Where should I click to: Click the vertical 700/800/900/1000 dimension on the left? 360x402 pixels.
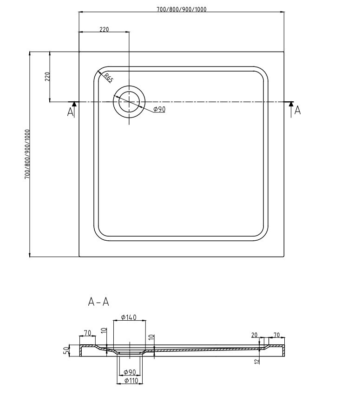click(27, 154)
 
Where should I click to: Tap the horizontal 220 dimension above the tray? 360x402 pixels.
click(104, 29)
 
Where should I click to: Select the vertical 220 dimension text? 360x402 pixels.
click(46, 77)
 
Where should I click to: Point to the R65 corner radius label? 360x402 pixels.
click(108, 78)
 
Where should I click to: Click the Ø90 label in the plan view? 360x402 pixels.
click(160, 109)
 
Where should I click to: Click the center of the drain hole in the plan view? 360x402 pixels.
click(129, 102)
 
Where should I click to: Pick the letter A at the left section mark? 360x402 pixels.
click(71, 112)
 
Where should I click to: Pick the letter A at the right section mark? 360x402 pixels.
click(298, 111)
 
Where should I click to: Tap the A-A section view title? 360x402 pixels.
click(98, 302)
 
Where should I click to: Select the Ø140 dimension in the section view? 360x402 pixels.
click(129, 317)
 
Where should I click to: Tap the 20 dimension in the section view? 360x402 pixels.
click(254, 335)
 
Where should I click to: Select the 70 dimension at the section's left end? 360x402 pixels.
click(87, 332)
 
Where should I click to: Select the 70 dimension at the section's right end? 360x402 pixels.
click(276, 335)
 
